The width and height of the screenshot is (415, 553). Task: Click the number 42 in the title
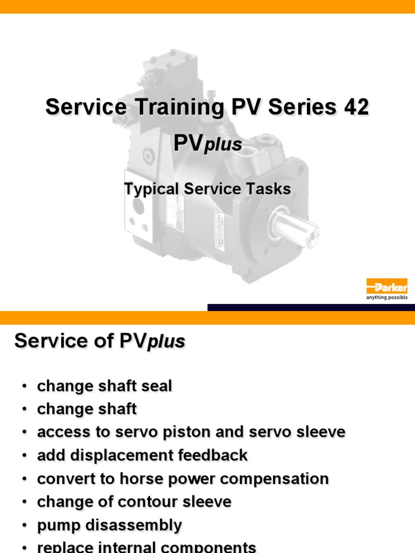(x=356, y=107)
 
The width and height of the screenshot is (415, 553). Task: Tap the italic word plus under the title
(x=223, y=145)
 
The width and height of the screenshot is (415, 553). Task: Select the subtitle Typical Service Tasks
(x=207, y=189)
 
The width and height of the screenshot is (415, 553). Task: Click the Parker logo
(x=387, y=286)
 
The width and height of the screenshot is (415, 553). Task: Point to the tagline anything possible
(x=387, y=298)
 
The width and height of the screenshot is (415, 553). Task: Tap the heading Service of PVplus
(x=99, y=341)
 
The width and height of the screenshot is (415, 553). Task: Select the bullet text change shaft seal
(x=104, y=386)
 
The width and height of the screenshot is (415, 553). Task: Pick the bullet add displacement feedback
(x=142, y=455)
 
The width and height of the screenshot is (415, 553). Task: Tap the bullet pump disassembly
(x=109, y=525)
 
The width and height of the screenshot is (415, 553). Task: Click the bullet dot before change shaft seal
(x=24, y=387)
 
